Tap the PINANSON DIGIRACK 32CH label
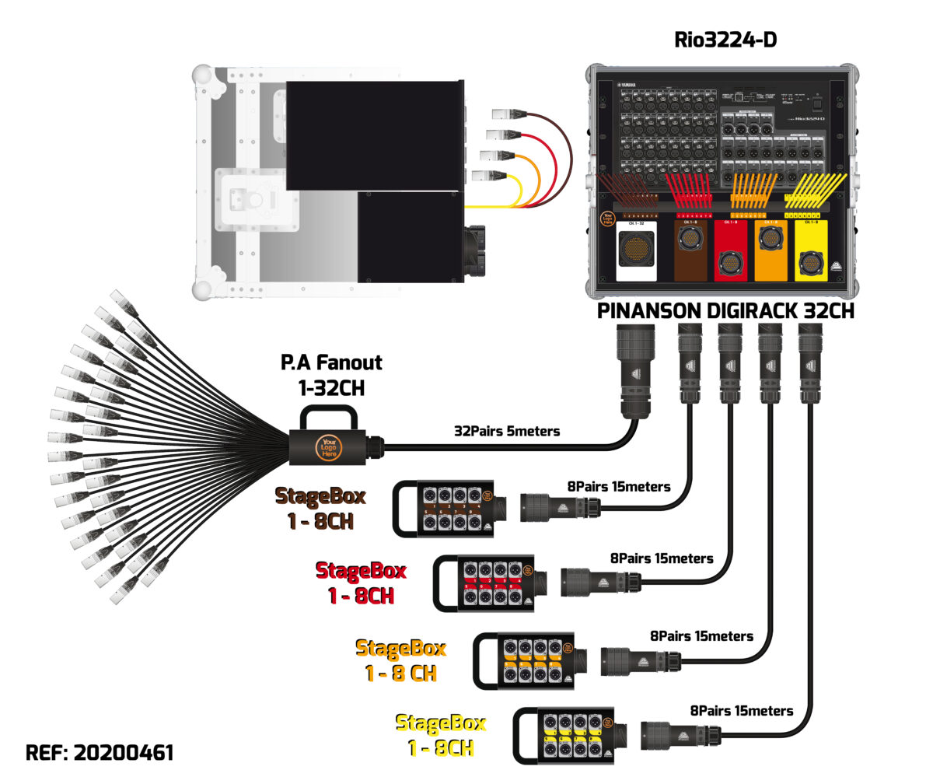(x=725, y=311)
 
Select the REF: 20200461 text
(x=100, y=753)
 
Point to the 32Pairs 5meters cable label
(x=506, y=430)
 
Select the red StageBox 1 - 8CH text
(x=360, y=583)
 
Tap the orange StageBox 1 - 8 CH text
(x=400, y=660)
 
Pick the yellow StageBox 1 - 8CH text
(x=441, y=735)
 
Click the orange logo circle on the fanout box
(x=327, y=449)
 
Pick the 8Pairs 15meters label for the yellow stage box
(x=741, y=711)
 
